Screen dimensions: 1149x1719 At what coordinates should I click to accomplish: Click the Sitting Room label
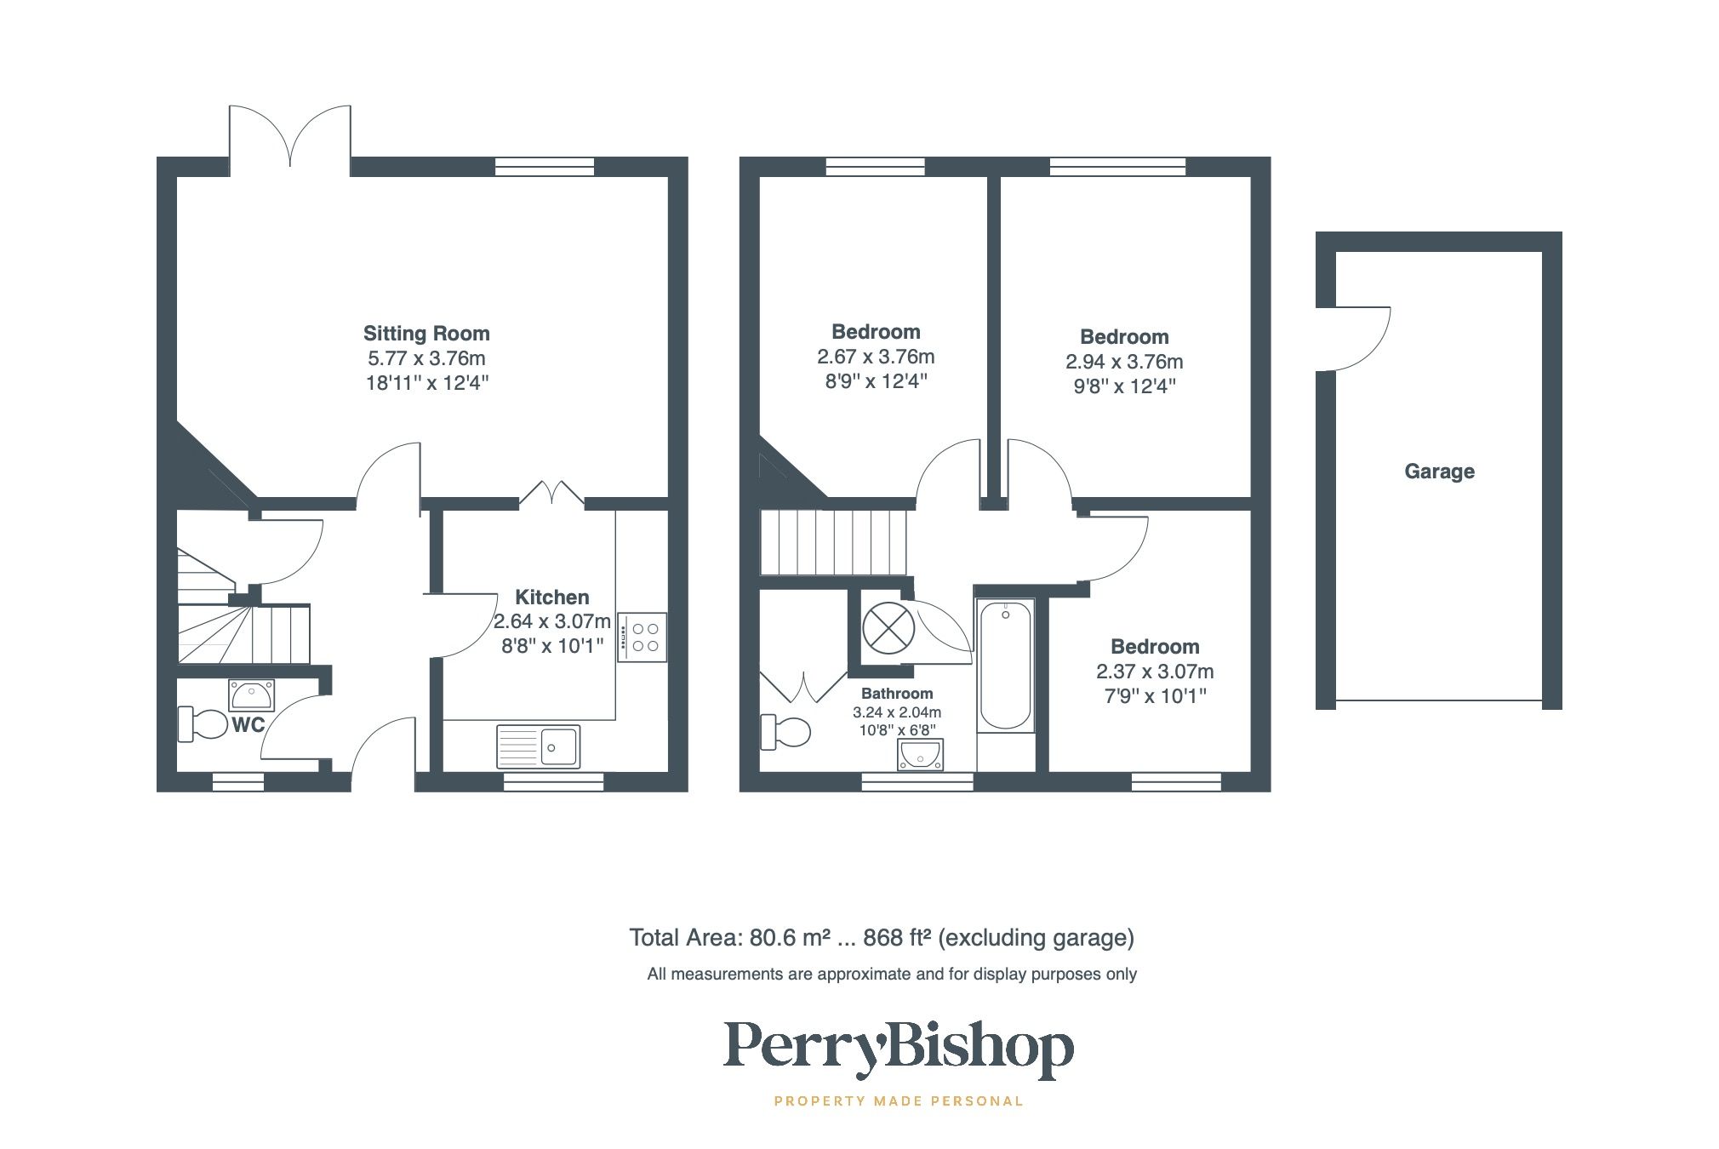point(426,334)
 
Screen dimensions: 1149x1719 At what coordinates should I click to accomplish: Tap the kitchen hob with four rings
point(642,637)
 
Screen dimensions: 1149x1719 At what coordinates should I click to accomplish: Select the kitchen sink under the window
point(538,746)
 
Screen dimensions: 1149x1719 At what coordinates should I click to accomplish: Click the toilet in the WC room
point(199,724)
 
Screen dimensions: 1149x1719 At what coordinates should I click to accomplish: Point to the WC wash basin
point(252,695)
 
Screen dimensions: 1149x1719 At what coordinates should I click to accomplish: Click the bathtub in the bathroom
point(1005,665)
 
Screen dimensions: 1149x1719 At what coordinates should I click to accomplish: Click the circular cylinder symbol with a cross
point(888,628)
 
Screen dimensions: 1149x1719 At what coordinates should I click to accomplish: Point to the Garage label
point(1439,472)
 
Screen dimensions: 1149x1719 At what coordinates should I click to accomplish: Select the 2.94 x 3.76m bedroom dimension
point(1124,362)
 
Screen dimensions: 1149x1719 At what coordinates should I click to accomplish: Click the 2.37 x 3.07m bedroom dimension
point(1155,672)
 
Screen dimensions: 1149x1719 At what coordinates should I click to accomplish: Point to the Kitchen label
point(551,597)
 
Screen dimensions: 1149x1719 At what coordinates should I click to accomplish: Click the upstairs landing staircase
point(833,542)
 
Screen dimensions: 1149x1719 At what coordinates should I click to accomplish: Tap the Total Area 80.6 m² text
point(881,938)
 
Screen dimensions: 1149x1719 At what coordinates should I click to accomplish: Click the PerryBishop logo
point(898,1047)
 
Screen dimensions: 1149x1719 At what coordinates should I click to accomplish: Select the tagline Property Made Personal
point(898,1101)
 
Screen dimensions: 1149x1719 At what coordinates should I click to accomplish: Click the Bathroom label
point(897,694)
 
